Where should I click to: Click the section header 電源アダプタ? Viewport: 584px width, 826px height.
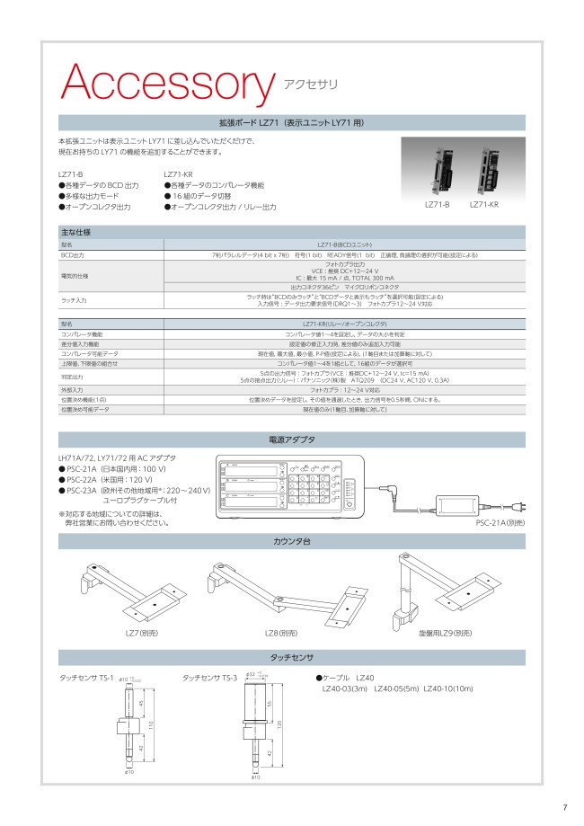tap(292, 440)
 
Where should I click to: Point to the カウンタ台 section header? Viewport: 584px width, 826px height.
tap(292, 541)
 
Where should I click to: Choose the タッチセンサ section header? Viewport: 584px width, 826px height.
tap(292, 656)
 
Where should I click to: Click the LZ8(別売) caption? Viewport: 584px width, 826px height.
tap(279, 634)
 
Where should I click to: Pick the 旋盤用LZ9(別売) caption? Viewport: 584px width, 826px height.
tap(446, 634)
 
